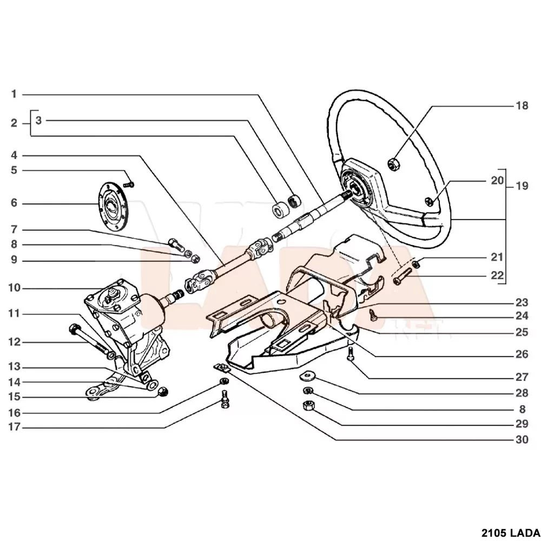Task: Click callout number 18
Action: pos(522,106)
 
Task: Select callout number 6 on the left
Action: pos(14,203)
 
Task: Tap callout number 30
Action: pos(522,440)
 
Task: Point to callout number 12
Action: pos(14,342)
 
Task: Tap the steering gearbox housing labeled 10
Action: pos(124,319)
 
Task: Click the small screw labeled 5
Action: pos(128,185)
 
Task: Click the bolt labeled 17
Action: pos(225,403)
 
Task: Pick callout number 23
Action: pos(522,302)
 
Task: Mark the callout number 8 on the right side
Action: pos(522,410)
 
